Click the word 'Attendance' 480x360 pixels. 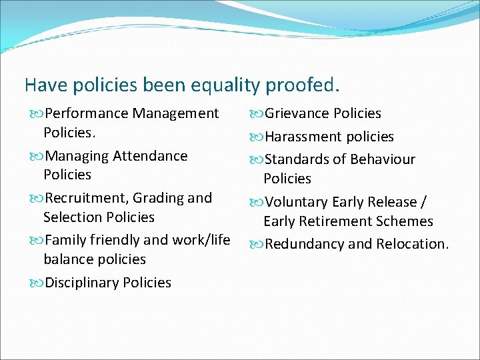click(x=150, y=156)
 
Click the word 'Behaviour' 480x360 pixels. click(x=382, y=160)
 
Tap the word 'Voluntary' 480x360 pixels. click(x=297, y=202)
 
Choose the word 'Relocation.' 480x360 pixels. click(x=413, y=244)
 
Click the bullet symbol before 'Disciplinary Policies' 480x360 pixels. click(x=36, y=283)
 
